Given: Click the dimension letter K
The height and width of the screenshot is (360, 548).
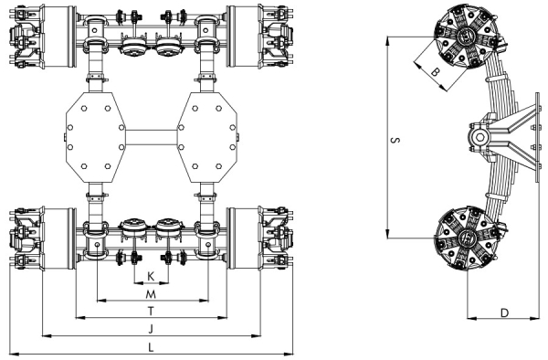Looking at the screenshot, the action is click(151, 277).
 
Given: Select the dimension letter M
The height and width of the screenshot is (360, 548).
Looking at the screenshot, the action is click(151, 294).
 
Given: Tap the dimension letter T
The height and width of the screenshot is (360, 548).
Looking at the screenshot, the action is click(151, 311).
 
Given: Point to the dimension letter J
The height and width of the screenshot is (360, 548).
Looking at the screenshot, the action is click(151, 329).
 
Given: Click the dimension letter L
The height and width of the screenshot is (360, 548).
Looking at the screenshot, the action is click(151, 347).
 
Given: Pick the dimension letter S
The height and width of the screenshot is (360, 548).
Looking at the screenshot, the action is click(395, 141).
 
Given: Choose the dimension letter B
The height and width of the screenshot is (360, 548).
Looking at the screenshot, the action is click(435, 72).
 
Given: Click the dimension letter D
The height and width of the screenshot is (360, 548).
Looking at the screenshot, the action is click(504, 312).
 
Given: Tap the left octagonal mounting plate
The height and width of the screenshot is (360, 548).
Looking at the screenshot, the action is click(95, 137).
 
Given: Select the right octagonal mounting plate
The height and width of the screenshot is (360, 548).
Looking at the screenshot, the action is click(207, 137).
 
